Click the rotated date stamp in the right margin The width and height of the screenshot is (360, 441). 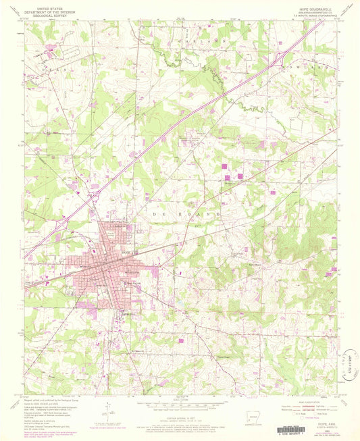tap(347, 371)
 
